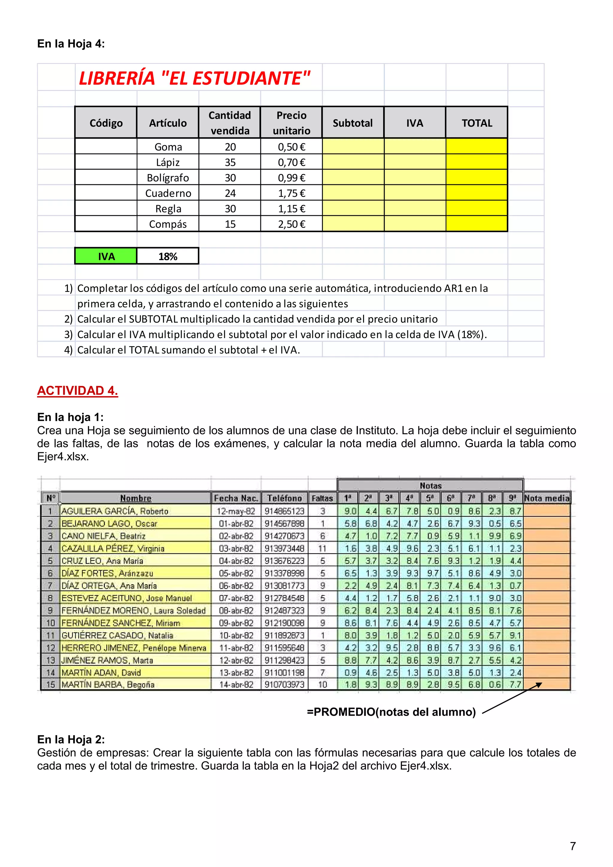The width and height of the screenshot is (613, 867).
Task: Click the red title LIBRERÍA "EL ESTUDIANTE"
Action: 194,78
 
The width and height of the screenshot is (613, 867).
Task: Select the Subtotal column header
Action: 352,123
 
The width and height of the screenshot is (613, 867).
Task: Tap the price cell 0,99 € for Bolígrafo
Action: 291,178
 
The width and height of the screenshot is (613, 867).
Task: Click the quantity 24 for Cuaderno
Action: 230,193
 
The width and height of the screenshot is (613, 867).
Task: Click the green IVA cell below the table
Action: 106,256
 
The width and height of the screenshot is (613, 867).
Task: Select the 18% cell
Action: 168,256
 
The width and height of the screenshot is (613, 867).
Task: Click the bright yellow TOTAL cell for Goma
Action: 477,147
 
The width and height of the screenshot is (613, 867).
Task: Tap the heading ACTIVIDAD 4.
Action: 78,391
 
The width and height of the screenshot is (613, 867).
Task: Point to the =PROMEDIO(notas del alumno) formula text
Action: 391,712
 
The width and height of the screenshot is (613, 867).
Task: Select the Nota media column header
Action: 547,498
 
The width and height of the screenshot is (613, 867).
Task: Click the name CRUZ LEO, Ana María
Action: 102,561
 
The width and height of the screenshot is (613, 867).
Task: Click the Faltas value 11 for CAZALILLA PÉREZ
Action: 322,548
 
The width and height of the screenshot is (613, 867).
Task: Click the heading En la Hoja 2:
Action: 71,739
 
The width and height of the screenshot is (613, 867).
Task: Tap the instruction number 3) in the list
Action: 68,334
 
